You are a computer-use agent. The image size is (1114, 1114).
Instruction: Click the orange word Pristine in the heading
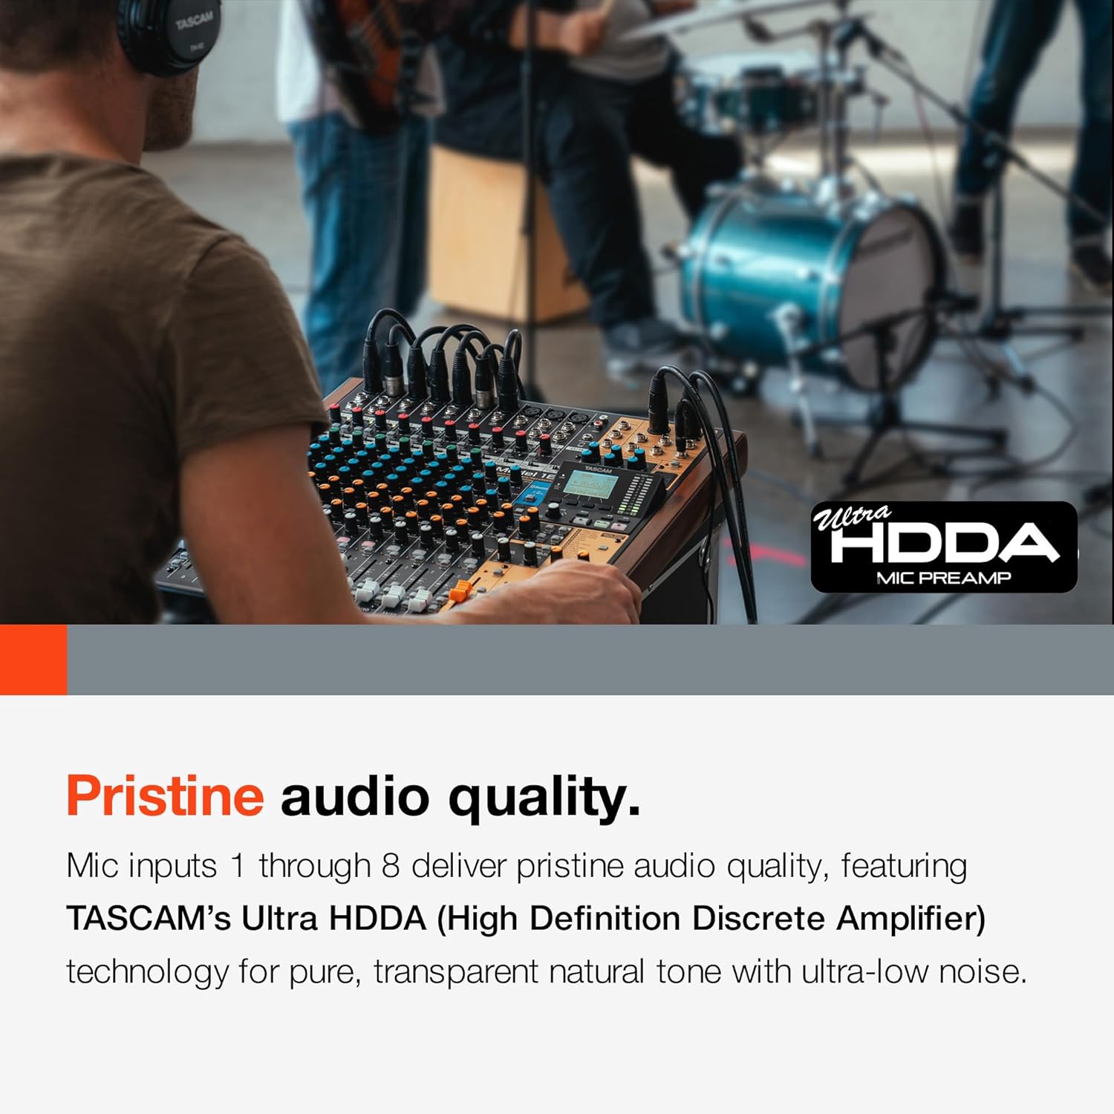tap(165, 796)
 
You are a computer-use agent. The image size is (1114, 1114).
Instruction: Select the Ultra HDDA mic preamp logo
tap(943, 547)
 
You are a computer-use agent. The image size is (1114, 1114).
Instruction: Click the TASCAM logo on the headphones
tap(194, 22)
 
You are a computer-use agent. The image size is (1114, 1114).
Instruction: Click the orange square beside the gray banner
tap(33, 659)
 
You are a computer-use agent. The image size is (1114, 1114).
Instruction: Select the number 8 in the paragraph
tap(391, 866)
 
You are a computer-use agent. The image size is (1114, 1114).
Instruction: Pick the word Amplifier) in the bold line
tap(911, 919)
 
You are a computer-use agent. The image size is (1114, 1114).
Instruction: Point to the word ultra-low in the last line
tap(864, 971)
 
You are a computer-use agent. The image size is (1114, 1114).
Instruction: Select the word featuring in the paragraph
tap(904, 866)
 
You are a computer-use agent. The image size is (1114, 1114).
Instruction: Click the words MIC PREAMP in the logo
tap(943, 578)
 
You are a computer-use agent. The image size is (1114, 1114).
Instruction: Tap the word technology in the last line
tap(148, 971)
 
